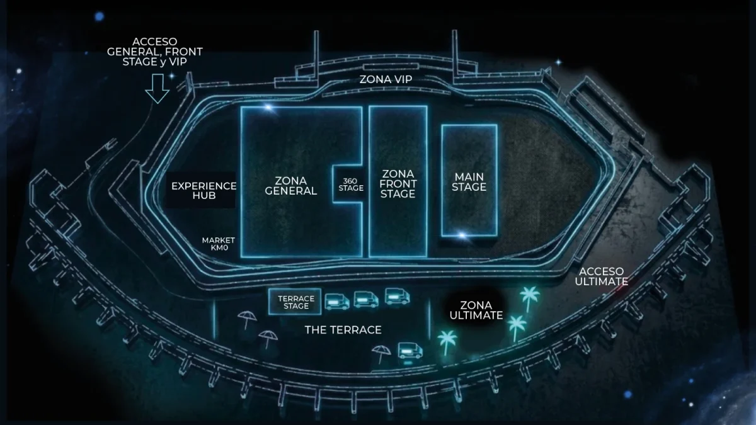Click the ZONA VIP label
tap(386, 79)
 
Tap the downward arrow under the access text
tap(157, 88)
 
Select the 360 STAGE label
tap(351, 184)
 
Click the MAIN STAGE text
tap(469, 182)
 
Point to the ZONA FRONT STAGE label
tap(398, 184)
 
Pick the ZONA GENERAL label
tap(290, 186)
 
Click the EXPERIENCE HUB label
tap(204, 191)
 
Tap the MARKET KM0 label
tap(219, 244)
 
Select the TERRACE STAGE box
tap(295, 302)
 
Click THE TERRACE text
tap(343, 330)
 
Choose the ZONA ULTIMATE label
tap(476, 310)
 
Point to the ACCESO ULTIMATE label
tap(601, 276)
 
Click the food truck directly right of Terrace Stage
tap(337, 302)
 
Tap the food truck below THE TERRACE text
tap(410, 351)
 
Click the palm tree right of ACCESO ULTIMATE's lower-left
tap(529, 298)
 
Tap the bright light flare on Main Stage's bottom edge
tap(462, 235)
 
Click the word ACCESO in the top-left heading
tap(154, 42)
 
